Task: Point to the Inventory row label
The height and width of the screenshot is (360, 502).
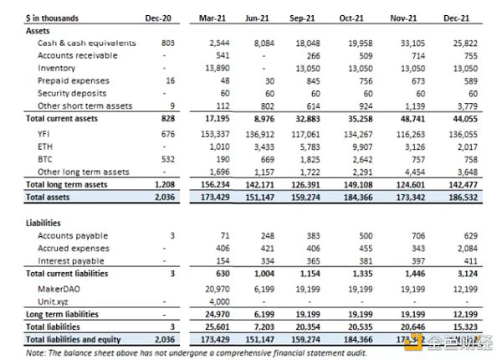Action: click(x=57, y=68)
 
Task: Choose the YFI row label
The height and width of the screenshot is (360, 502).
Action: click(x=46, y=132)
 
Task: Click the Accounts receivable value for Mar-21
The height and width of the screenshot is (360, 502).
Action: click(x=223, y=55)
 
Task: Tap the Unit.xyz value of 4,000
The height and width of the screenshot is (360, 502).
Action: click(x=221, y=301)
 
